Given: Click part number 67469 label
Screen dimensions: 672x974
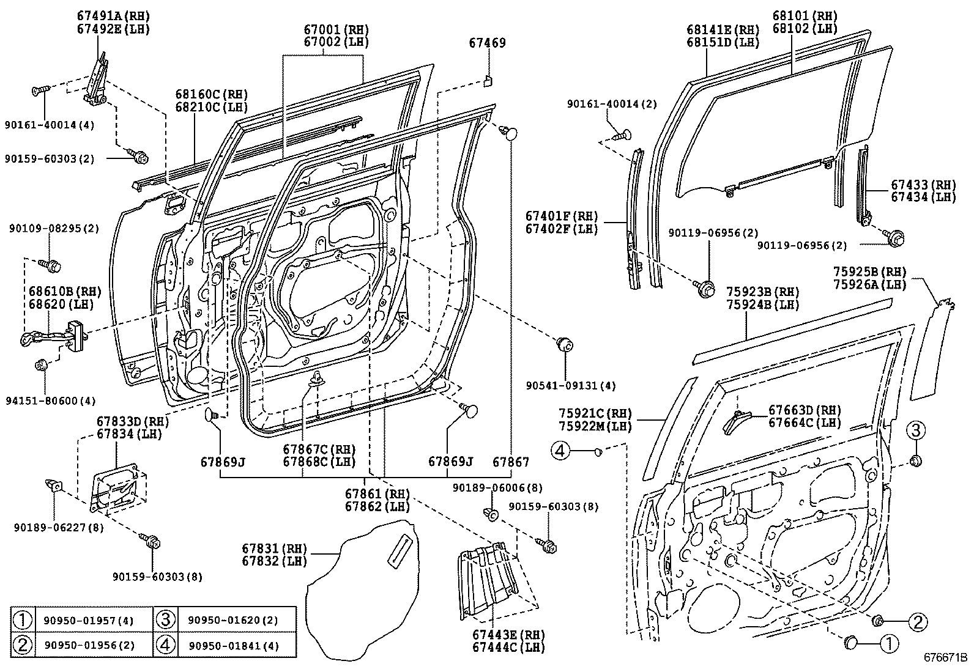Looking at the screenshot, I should coord(488,43).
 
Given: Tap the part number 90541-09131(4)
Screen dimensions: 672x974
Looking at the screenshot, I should coord(570,386).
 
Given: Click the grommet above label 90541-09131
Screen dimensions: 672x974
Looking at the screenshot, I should coord(563,344).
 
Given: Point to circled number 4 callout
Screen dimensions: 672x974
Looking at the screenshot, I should coord(560,451).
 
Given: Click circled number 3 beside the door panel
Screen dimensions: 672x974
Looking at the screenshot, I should coord(915,431).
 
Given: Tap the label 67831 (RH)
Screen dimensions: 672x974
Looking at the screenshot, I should coord(274,548).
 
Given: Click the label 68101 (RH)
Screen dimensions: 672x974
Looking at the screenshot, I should coord(805,16).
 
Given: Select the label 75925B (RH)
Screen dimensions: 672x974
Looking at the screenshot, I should coord(869,271).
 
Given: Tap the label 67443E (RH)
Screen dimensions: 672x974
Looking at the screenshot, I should coord(508,635).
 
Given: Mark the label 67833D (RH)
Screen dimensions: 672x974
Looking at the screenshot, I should coord(132,421).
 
